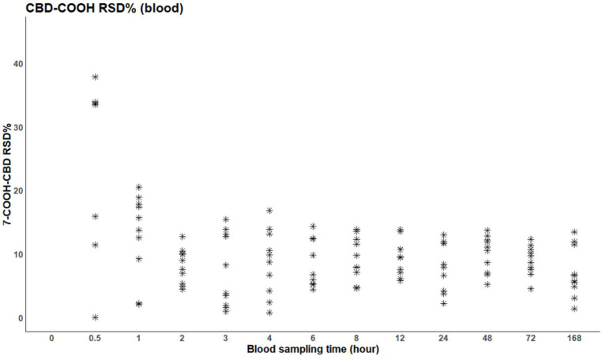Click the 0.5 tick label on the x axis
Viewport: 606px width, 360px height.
point(95,338)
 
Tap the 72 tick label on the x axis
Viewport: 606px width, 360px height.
point(531,338)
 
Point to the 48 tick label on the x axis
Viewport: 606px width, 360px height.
point(487,338)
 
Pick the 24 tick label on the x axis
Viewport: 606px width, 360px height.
point(444,338)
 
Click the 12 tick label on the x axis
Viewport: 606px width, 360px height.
point(401,338)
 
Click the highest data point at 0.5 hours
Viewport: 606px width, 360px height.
point(96,77)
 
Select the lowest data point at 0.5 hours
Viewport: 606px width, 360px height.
point(96,317)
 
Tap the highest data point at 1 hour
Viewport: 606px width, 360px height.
point(139,187)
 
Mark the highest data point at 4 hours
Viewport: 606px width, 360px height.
point(269,211)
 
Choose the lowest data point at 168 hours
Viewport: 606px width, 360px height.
point(574,309)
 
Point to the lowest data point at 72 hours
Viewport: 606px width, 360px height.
point(531,289)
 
